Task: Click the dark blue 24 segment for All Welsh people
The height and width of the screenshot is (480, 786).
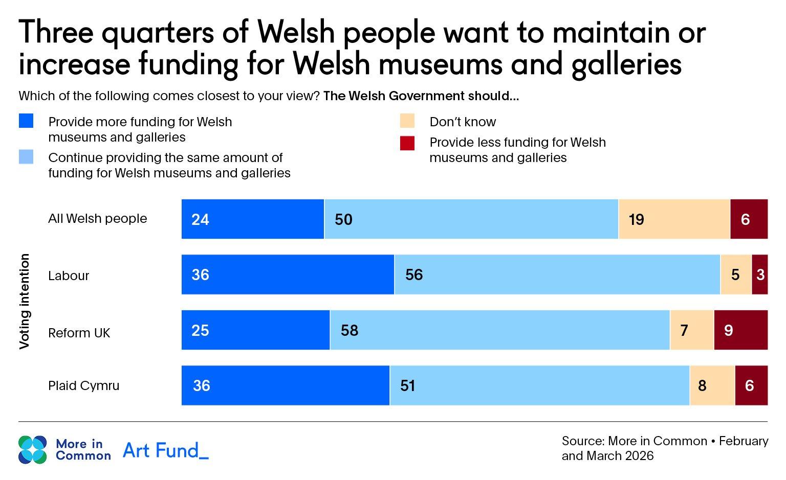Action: [253, 219]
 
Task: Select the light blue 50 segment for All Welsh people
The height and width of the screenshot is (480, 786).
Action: [471, 219]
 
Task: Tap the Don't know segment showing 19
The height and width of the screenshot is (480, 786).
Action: [674, 219]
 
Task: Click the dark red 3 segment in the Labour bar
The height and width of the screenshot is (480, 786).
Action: [760, 275]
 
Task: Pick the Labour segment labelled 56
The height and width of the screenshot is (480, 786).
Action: [557, 275]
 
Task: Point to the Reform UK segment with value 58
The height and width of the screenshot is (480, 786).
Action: [499, 330]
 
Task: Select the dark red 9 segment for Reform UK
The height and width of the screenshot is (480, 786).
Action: [740, 330]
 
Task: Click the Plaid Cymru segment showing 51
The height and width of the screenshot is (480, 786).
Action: [539, 385]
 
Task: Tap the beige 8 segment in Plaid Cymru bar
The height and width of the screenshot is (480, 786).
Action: [712, 385]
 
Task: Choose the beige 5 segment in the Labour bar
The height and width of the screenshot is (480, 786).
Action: [735, 275]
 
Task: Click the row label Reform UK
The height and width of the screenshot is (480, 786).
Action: [79, 333]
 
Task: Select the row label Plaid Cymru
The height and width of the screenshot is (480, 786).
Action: [83, 385]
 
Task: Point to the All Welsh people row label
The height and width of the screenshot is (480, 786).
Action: [97, 219]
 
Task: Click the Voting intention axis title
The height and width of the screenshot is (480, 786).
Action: [25, 302]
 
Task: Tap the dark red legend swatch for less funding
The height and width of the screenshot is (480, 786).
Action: [407, 143]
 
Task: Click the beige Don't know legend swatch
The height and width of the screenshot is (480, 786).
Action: [407, 121]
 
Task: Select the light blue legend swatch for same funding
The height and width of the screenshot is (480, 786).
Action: [26, 157]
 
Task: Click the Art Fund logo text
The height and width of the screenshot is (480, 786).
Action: [166, 450]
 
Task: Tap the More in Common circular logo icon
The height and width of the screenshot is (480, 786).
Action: [33, 450]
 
